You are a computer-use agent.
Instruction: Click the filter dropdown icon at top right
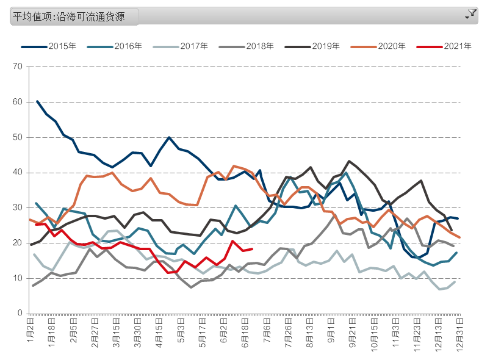[470, 15]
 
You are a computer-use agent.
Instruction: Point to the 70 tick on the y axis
[18, 67]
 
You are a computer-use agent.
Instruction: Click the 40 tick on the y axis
[18, 173]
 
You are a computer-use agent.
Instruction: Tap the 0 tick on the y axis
[20, 314]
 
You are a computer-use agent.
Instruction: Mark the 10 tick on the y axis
[18, 278]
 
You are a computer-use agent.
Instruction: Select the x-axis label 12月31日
[459, 333]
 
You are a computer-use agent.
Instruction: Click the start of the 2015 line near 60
[37, 101]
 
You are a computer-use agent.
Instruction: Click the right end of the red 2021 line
[252, 248]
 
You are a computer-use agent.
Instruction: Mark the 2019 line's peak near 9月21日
[349, 161]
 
